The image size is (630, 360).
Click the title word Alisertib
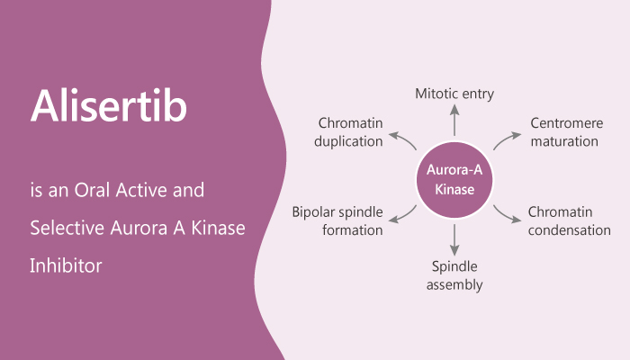click(109, 106)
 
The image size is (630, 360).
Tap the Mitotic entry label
click(454, 93)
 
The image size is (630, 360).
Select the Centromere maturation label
click(564, 132)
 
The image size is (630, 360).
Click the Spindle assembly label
click(454, 276)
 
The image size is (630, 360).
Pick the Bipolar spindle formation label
click(337, 220)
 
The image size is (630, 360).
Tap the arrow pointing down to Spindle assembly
click(454, 238)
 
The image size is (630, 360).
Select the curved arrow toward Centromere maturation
click(506, 139)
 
